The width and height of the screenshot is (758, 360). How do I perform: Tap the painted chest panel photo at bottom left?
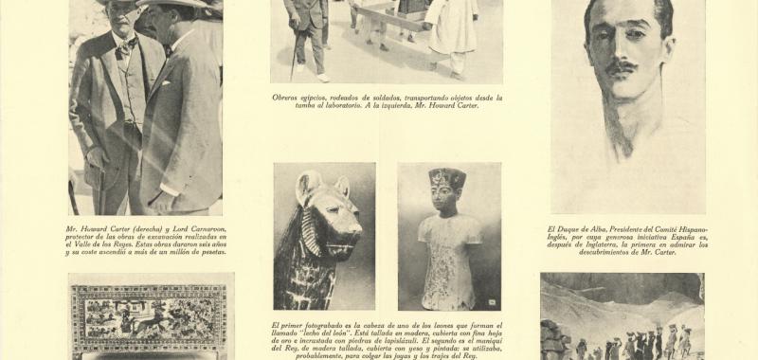pos(152,317)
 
